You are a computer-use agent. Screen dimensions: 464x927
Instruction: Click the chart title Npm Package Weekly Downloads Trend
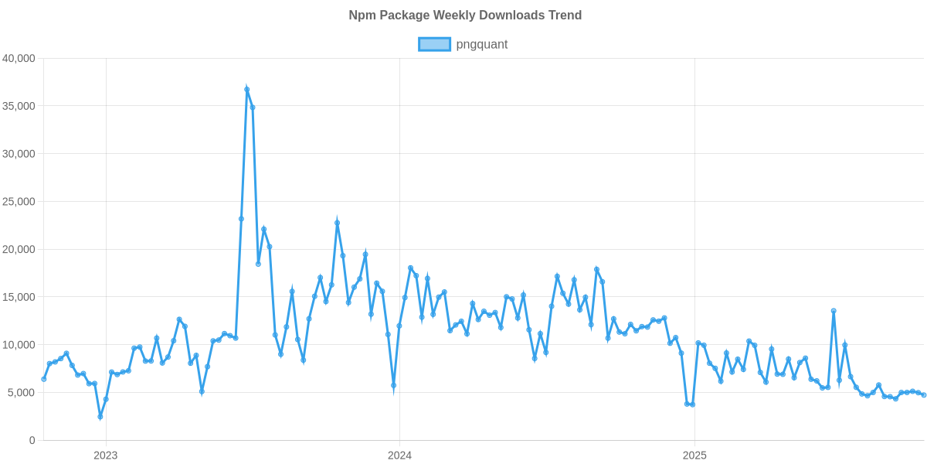(463, 15)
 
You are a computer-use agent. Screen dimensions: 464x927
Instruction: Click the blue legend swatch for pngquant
(434, 44)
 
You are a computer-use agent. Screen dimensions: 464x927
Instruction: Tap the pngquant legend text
(482, 44)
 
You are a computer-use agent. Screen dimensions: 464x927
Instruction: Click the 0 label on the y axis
(32, 441)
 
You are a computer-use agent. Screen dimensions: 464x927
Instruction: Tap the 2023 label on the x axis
(105, 455)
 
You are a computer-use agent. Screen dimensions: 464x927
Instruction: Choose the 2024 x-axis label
(400, 455)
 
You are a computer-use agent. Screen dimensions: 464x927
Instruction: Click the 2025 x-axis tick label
(694, 455)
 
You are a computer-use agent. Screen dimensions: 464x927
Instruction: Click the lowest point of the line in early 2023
(100, 418)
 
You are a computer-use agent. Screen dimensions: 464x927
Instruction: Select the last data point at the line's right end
(924, 395)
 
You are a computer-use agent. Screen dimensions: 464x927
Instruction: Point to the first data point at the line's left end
(43, 379)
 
